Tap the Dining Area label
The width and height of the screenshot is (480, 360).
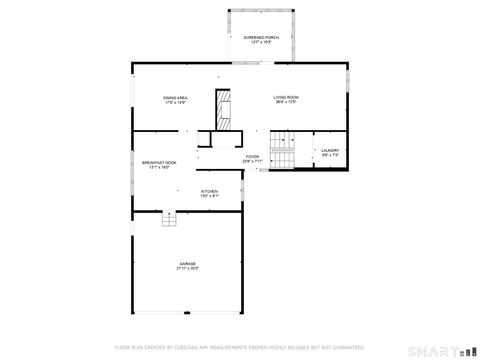pyautogui.click(x=177, y=97)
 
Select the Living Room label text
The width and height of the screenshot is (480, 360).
pyautogui.click(x=287, y=97)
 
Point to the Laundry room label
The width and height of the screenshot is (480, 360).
pyautogui.click(x=331, y=150)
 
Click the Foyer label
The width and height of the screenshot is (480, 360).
pyautogui.click(x=253, y=156)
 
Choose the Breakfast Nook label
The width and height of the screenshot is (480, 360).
pyautogui.click(x=160, y=163)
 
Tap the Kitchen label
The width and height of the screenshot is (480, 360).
pyautogui.click(x=209, y=190)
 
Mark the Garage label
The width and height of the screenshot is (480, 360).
pyautogui.click(x=188, y=263)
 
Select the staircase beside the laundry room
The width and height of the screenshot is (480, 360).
pyautogui.click(x=286, y=150)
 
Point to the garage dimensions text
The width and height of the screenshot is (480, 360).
pyautogui.click(x=188, y=268)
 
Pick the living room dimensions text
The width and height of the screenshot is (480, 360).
pyautogui.click(x=287, y=102)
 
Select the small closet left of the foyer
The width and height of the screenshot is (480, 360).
pyautogui.click(x=205, y=144)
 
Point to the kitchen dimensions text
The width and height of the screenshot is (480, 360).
pyautogui.click(x=209, y=195)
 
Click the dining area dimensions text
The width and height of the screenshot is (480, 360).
pyautogui.click(x=177, y=102)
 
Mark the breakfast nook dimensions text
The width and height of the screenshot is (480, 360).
pyautogui.click(x=160, y=168)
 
